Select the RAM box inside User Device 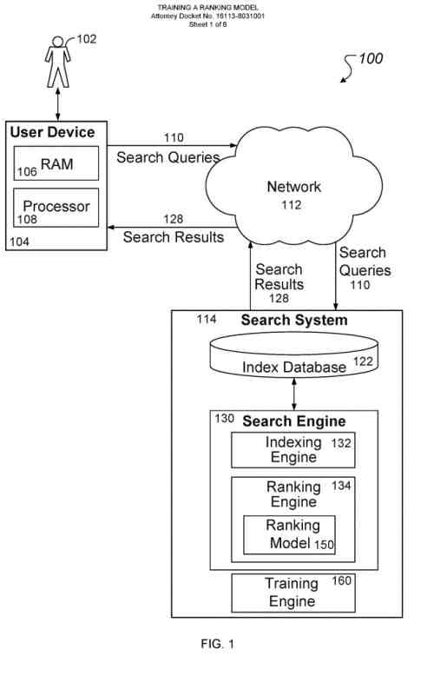click(56, 163)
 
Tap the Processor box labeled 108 click(56, 208)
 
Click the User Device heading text click(52, 133)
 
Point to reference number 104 click(19, 241)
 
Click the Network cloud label click(293, 187)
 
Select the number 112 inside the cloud click(291, 205)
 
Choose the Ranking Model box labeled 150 click(289, 534)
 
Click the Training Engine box click(293, 593)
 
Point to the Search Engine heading click(293, 421)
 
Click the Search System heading click(294, 321)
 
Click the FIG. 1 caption click(217, 644)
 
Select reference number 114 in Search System click(207, 320)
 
